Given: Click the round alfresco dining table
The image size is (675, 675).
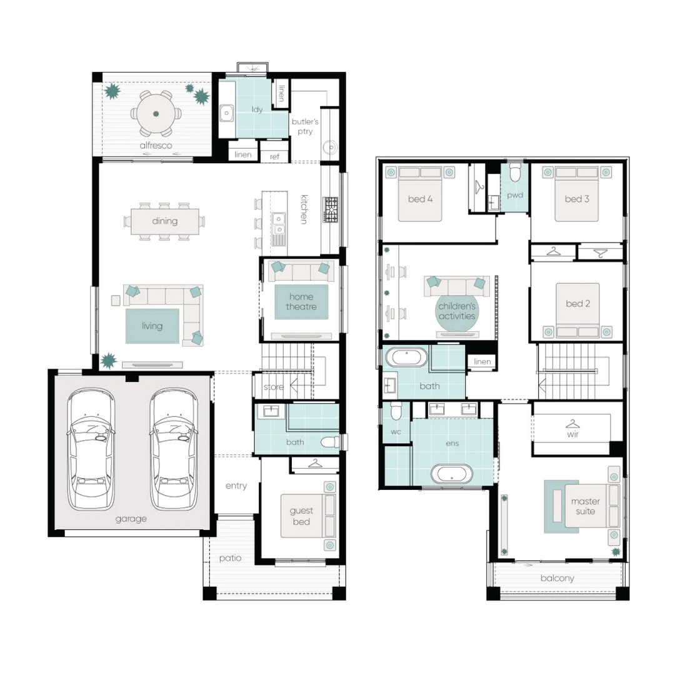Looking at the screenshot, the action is [156, 114].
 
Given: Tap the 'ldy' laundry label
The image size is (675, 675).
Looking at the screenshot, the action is [257, 109].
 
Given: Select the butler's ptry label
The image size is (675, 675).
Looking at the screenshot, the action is [305, 126].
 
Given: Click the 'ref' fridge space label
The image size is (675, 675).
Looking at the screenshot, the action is [274, 157].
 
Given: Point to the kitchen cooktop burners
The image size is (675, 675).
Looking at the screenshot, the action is [331, 209].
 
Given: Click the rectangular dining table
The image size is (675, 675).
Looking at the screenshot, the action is [165, 221].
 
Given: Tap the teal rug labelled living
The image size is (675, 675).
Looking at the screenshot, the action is [152, 326].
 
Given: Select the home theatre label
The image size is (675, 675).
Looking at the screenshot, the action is [301, 301].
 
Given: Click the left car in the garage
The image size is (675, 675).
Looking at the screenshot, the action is [91, 449].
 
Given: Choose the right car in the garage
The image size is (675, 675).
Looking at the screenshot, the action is [174, 449].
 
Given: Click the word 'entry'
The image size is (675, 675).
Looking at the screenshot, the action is [236, 486].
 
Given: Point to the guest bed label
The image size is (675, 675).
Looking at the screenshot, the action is [301, 516].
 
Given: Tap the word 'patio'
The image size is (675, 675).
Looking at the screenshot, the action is [230, 558].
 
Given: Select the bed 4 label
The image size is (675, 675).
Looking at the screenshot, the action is [420, 199].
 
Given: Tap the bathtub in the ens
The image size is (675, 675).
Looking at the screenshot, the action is [452, 474].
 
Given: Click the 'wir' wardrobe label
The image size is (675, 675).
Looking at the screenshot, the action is [572, 434].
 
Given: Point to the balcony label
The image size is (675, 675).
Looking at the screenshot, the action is [557, 578].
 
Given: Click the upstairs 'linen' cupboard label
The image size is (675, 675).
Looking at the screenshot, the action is [482, 362].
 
